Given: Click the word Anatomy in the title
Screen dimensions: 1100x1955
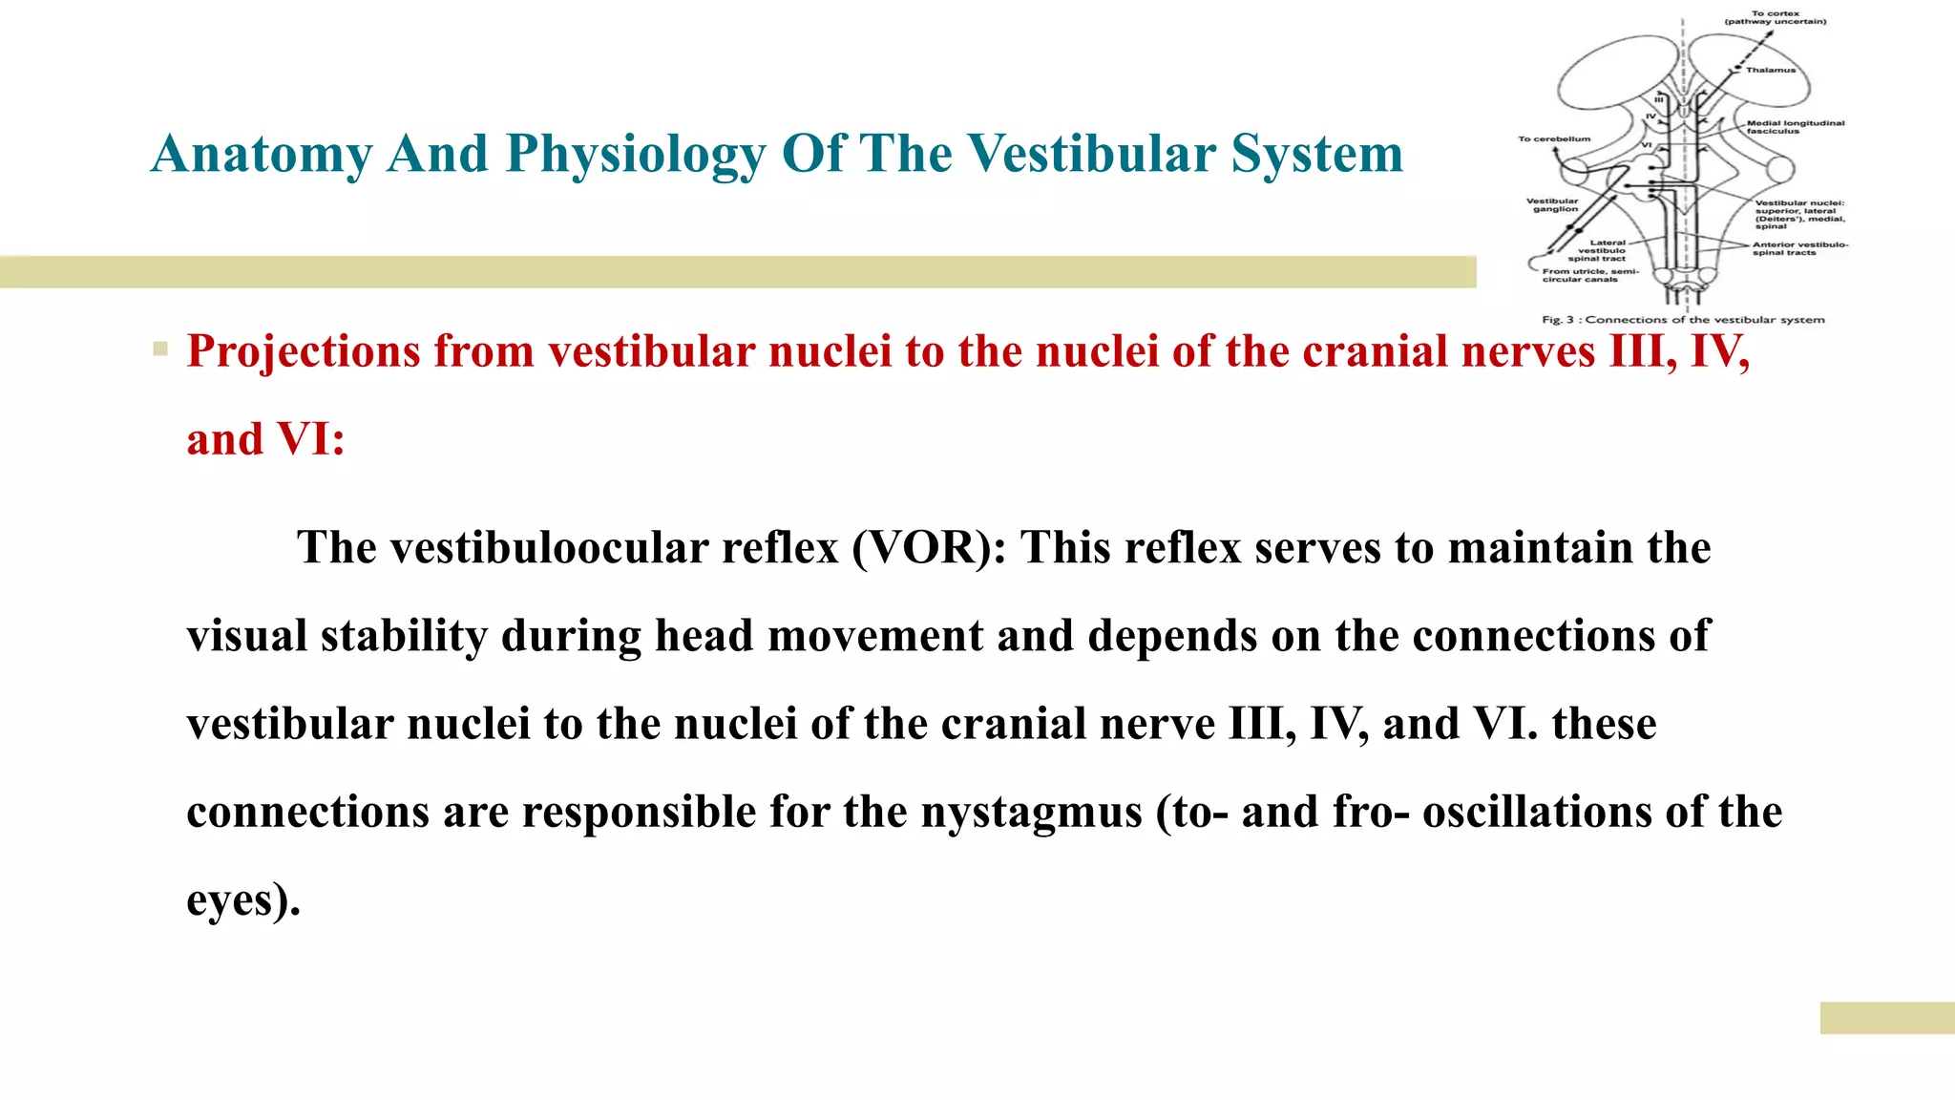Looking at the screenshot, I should (261, 154).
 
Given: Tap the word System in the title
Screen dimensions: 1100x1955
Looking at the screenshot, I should (1316, 154).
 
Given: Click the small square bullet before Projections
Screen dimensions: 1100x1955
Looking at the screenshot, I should (160, 349).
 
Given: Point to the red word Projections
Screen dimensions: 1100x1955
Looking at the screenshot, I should (303, 351).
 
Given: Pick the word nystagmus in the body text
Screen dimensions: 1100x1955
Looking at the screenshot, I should (1031, 812).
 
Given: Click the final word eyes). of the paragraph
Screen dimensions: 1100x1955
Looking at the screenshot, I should (242, 899).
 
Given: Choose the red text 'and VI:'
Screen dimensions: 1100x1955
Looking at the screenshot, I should (265, 439).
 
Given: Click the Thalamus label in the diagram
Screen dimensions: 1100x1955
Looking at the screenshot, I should (1771, 70).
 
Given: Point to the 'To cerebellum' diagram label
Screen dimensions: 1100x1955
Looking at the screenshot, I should (1554, 139).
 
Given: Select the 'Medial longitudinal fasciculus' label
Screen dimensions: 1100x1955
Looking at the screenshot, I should (1795, 127).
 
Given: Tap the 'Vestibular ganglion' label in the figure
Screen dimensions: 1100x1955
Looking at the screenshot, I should (1553, 205).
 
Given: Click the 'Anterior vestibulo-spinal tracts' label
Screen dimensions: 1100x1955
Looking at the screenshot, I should (1799, 248).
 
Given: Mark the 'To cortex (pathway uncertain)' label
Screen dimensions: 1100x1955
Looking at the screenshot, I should (1775, 17).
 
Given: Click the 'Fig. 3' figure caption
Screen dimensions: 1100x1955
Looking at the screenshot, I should (1683, 320).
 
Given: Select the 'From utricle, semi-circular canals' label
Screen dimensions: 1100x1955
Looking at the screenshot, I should (1588, 275).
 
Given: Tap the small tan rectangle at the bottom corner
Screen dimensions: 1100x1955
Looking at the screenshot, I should (1886, 1018).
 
